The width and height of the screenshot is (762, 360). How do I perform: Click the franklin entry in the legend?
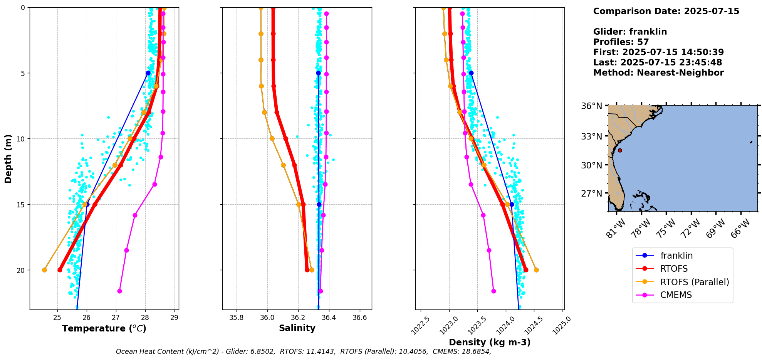[676, 256]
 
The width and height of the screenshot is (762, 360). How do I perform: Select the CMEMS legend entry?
[676, 295]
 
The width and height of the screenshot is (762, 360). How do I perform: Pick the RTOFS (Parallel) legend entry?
[694, 282]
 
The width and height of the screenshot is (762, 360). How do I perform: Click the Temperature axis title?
[104, 328]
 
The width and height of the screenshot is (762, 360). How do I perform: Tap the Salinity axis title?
[297, 328]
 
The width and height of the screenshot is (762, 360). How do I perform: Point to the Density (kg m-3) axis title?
[490, 342]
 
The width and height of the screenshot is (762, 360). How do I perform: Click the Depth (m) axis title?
[8, 158]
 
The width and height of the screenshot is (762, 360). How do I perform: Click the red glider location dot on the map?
[620, 150]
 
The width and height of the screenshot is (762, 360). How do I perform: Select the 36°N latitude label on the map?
[591, 106]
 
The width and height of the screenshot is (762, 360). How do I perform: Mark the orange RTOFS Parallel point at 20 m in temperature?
[44, 270]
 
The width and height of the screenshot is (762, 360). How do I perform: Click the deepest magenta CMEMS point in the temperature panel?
[119, 291]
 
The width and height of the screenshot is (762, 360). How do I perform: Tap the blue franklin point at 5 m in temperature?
[148, 73]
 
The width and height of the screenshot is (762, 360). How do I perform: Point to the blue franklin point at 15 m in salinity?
[319, 204]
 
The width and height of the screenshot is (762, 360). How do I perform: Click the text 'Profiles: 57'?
[621, 42]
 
